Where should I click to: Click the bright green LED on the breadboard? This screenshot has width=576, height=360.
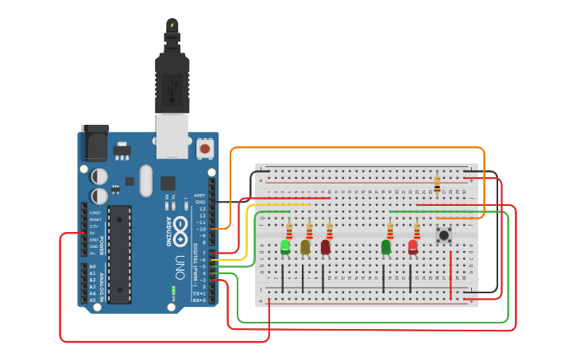click(x=285, y=247)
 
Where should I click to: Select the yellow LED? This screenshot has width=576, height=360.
click(x=305, y=247)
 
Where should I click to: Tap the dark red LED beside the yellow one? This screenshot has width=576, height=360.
click(x=326, y=247)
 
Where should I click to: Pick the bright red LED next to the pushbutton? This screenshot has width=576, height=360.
click(x=413, y=247)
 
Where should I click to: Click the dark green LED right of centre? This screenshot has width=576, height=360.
click(x=386, y=247)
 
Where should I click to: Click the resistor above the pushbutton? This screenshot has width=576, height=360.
click(x=437, y=184)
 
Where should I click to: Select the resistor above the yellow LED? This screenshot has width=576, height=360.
click(x=309, y=230)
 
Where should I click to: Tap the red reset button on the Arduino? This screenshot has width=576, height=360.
click(x=205, y=148)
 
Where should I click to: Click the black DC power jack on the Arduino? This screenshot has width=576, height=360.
click(x=95, y=144)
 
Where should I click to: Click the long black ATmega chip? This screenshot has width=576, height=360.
click(x=119, y=254)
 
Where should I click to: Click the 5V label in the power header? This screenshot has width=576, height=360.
click(x=93, y=233)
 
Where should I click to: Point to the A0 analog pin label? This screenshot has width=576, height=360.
click(x=93, y=267)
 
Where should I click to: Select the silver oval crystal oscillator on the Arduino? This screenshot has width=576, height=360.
click(x=145, y=180)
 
